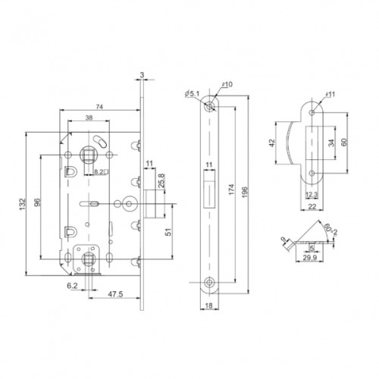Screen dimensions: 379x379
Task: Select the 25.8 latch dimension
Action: pos(162,183)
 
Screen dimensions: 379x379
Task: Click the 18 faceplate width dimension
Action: pos(208,308)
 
